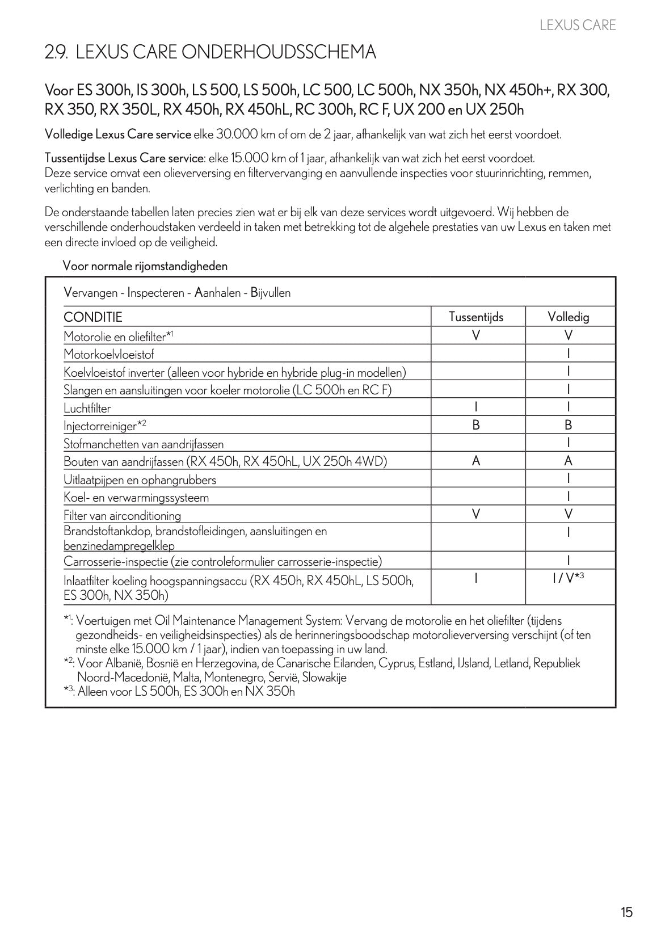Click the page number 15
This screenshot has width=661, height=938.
click(626, 912)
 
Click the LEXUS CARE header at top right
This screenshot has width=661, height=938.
click(578, 25)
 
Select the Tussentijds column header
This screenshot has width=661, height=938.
click(475, 317)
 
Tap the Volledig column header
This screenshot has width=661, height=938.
click(568, 317)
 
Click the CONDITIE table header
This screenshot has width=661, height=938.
click(93, 317)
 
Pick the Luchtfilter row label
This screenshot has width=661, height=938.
click(87, 408)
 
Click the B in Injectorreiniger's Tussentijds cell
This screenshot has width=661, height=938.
click(475, 425)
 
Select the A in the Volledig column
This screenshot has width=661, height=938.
click(568, 461)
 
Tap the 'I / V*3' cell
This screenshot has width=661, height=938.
click(568, 578)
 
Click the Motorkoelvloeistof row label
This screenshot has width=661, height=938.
click(108, 355)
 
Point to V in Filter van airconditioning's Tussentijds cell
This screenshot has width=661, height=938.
click(475, 515)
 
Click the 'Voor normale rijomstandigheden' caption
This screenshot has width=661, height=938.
click(145, 266)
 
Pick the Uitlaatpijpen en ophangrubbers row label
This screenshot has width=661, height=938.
click(140, 480)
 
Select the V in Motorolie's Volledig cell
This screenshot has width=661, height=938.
click(568, 335)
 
